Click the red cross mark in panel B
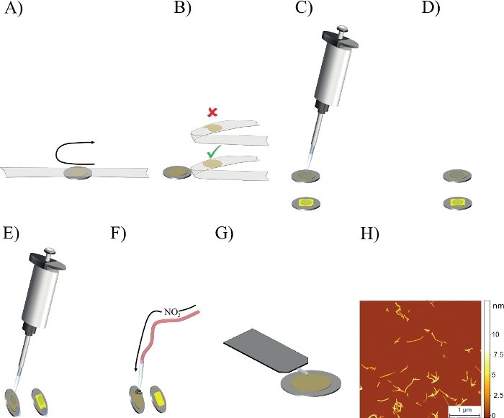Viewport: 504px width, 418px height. click(x=212, y=112)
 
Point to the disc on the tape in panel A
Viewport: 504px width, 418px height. click(x=78, y=172)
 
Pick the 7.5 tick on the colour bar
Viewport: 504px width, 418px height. click(x=496, y=355)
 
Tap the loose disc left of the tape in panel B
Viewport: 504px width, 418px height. click(x=176, y=172)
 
